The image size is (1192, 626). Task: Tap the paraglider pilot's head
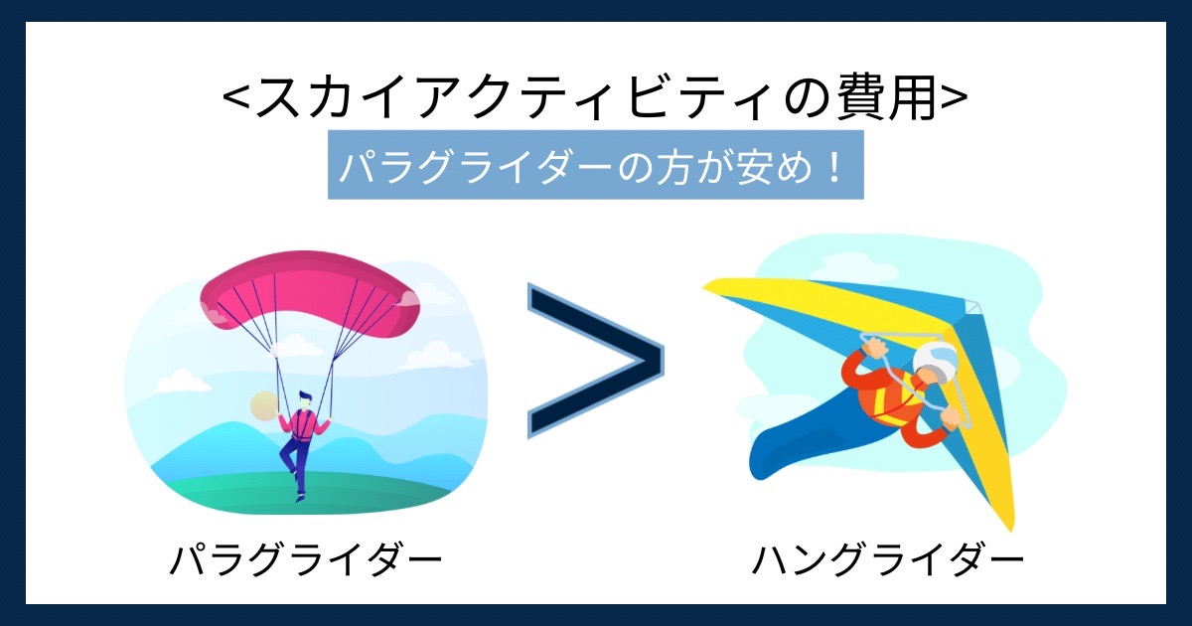pyautogui.click(x=305, y=400)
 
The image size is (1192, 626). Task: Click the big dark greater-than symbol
pyautogui.click(x=596, y=361)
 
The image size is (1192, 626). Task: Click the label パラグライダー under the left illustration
pyautogui.click(x=306, y=559)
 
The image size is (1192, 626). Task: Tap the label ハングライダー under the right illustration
pyautogui.click(x=888, y=559)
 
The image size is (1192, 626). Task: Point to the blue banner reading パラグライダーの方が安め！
pyautogui.click(x=595, y=165)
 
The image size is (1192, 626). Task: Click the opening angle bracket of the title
pyautogui.click(x=236, y=99)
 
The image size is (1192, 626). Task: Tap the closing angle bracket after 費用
pyautogui.click(x=954, y=99)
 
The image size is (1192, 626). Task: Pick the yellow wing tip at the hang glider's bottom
pyautogui.click(x=1004, y=511)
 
